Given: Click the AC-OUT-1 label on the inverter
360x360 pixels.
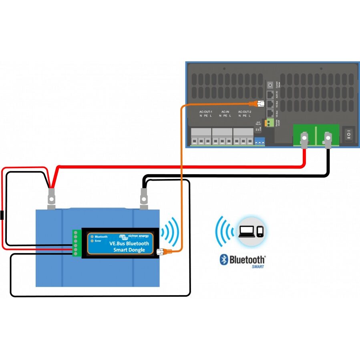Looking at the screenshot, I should point(206,112).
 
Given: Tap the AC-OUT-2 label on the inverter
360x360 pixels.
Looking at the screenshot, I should point(245,112).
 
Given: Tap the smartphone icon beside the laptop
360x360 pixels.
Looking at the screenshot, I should point(260,232).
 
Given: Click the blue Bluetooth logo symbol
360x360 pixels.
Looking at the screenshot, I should point(224,259).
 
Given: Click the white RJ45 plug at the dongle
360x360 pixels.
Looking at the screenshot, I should point(161,252).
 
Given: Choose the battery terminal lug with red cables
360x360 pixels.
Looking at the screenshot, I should point(51,198).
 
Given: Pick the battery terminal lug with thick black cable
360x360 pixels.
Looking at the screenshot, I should point(144,198).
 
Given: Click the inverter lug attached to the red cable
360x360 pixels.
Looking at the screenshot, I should point(304,140).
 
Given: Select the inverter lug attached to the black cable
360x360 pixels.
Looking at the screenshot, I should point(328,140).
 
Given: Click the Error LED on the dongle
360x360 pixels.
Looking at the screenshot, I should point(92,241).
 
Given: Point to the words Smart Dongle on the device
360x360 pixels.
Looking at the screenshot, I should point(130,250).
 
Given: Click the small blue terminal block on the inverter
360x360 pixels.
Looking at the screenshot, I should point(259,141).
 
